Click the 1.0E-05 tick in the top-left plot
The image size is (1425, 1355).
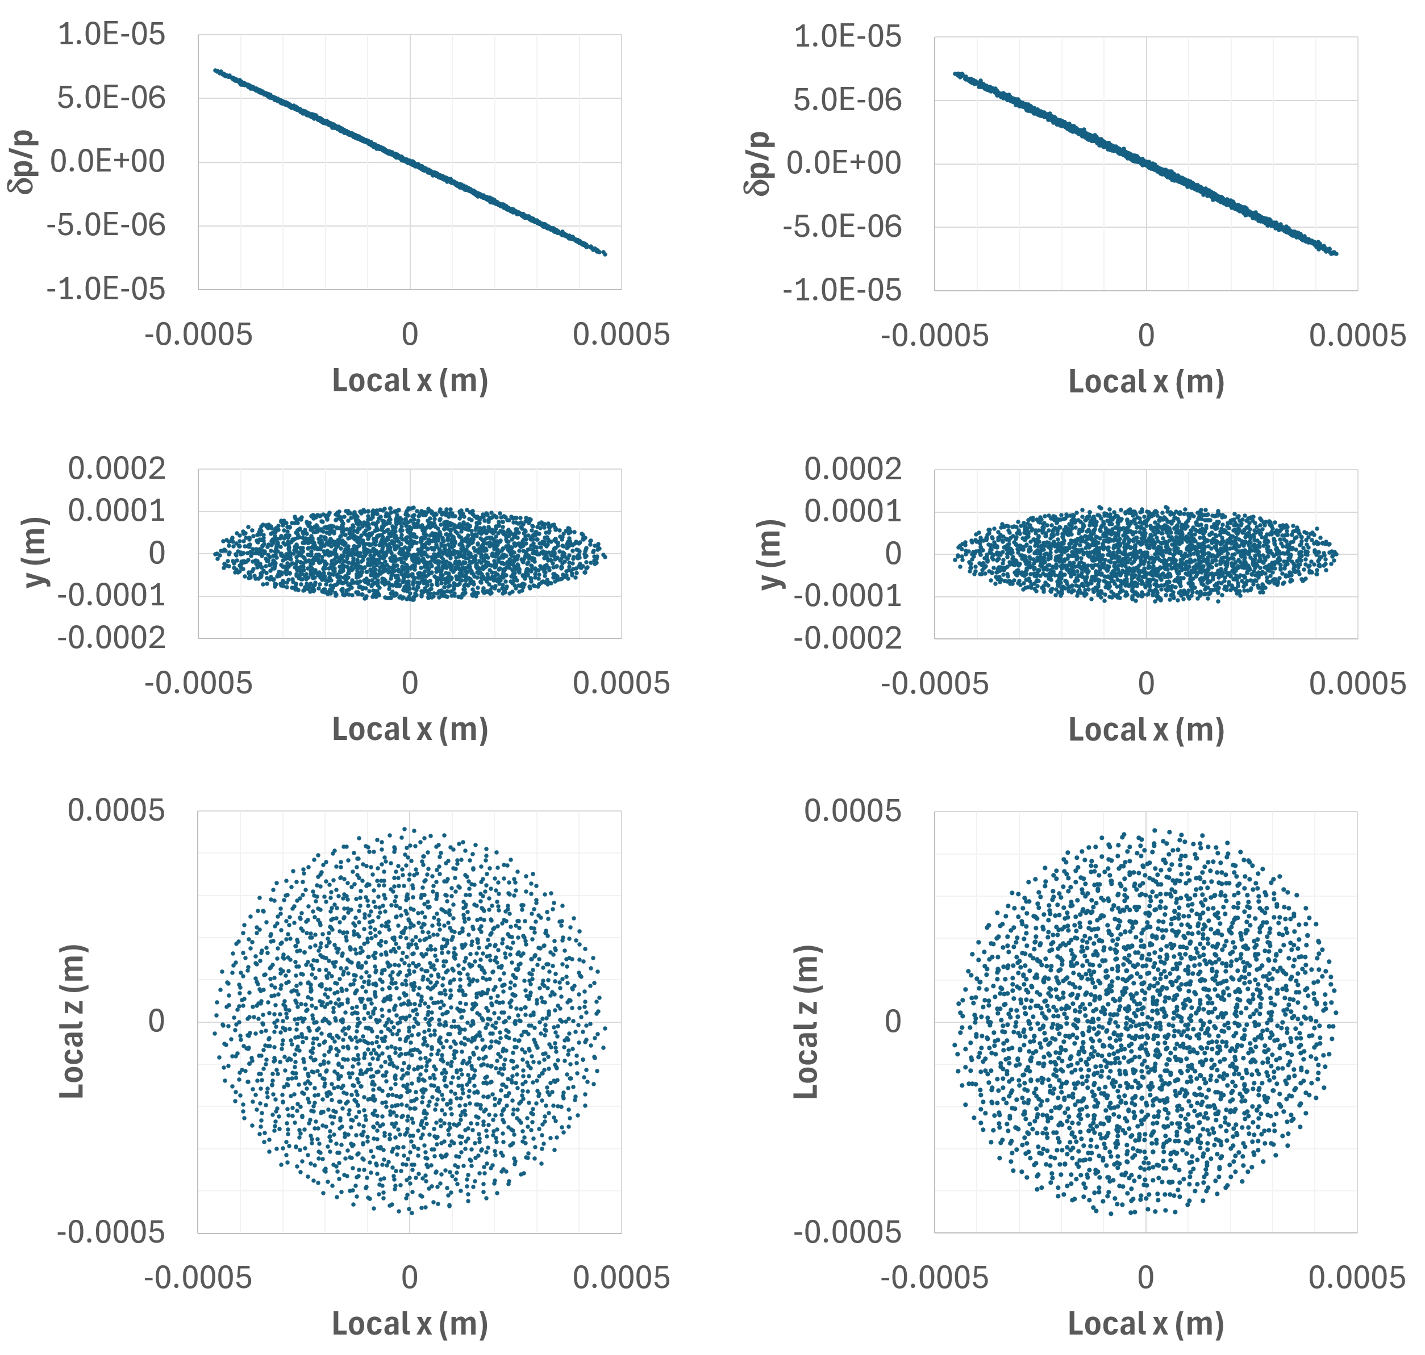[111, 35]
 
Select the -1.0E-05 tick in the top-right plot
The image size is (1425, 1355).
[842, 290]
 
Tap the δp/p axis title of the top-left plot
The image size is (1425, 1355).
[23, 162]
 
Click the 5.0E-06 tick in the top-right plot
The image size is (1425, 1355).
[848, 101]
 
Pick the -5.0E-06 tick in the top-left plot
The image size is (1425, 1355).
[106, 225]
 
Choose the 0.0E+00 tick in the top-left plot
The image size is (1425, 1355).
[107, 162]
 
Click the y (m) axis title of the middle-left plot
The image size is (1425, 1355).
[36, 553]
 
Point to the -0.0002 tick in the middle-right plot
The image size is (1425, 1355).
[848, 638]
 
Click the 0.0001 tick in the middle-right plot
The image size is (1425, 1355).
[853, 511]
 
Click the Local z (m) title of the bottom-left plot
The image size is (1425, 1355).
[72, 1021]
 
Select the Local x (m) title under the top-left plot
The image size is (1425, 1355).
[410, 380]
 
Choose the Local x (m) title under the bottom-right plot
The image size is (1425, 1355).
[1146, 1324]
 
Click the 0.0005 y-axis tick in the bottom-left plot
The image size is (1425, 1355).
[116, 811]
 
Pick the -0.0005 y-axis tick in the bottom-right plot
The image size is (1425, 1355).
[848, 1232]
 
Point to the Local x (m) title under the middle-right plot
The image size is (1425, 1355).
[1146, 730]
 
